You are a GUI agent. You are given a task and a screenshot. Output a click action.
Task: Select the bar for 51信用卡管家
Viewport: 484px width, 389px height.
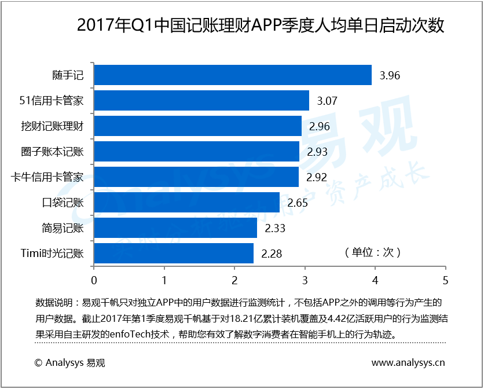point(201,101)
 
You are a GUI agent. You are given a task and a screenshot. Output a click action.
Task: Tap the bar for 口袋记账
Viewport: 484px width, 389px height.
point(186,203)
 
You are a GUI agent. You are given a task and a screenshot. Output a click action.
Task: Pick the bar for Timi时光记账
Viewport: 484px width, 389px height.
point(174,254)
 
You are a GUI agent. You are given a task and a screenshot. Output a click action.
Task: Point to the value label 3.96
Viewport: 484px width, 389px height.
point(390,75)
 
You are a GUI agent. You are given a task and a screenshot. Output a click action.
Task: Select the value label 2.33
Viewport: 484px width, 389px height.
point(275,228)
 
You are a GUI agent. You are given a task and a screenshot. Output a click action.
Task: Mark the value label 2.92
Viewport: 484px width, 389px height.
point(317,177)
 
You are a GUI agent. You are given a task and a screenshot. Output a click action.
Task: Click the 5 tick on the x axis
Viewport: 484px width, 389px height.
point(445,280)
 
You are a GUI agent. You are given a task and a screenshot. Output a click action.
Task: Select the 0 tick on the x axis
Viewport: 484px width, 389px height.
point(94,280)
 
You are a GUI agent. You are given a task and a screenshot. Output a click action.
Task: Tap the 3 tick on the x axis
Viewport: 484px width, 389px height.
point(305,280)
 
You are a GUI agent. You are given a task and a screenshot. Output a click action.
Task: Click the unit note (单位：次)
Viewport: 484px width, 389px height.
point(372,252)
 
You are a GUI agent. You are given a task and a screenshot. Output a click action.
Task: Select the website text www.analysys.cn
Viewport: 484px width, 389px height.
point(408,363)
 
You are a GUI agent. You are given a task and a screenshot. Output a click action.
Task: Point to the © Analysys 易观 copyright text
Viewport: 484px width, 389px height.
point(70,363)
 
